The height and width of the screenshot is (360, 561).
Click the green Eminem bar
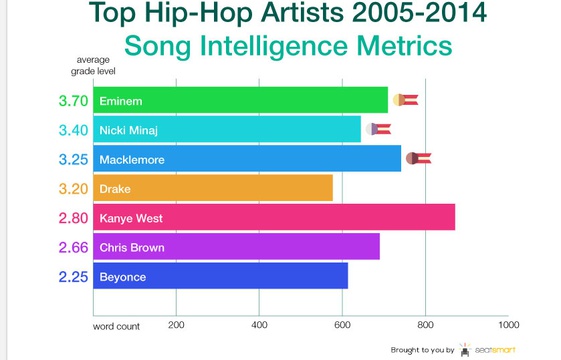pyautogui.click(x=240, y=100)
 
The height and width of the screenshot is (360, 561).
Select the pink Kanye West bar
pyautogui.click(x=274, y=217)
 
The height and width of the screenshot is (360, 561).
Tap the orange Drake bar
pyautogui.click(x=213, y=188)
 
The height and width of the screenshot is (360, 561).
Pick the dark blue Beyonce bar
pyautogui.click(x=220, y=276)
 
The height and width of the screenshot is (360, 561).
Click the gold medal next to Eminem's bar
pyautogui.click(x=405, y=100)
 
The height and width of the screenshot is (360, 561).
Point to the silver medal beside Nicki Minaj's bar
pyautogui.click(x=378, y=129)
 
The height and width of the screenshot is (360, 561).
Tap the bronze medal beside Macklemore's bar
pyautogui.click(x=419, y=158)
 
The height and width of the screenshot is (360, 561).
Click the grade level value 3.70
pyautogui.click(x=73, y=101)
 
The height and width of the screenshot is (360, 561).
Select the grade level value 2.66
pyautogui.click(x=73, y=248)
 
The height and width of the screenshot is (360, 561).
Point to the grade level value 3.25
pyautogui.click(x=73, y=160)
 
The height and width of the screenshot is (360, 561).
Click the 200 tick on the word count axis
pyautogui.click(x=176, y=325)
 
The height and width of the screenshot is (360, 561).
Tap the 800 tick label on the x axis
pyautogui.click(x=425, y=325)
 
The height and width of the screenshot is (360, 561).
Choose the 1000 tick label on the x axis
pyautogui.click(x=509, y=325)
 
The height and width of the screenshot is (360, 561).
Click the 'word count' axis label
pyautogui.click(x=116, y=326)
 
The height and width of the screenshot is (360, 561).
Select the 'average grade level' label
pyautogui.click(x=93, y=65)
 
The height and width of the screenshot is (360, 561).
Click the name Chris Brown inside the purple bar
pyautogui.click(x=132, y=248)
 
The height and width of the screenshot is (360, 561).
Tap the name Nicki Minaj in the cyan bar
pyautogui.click(x=128, y=131)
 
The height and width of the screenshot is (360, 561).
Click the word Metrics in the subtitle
pyautogui.click(x=405, y=45)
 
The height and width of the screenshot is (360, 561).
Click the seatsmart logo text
pyautogui.click(x=495, y=350)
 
